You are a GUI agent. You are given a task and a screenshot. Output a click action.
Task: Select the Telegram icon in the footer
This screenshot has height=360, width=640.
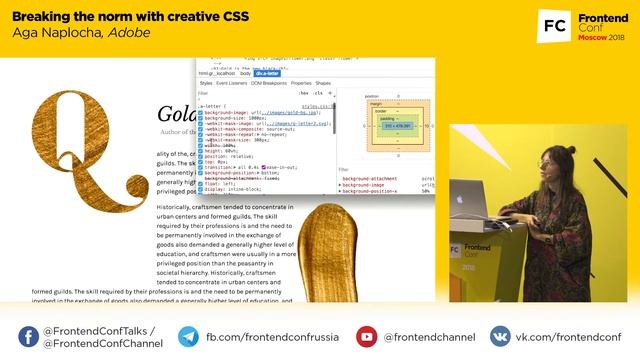[x=188, y=337]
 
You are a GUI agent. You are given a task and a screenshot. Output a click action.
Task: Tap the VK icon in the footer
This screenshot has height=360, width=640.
[x=497, y=337]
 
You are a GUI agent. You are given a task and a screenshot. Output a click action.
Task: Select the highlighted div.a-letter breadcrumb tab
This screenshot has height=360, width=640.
[x=267, y=73]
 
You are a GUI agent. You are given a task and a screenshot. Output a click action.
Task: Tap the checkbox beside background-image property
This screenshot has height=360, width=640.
[x=200, y=113]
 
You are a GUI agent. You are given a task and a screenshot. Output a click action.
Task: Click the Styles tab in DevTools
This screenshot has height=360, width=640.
[x=206, y=83]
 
